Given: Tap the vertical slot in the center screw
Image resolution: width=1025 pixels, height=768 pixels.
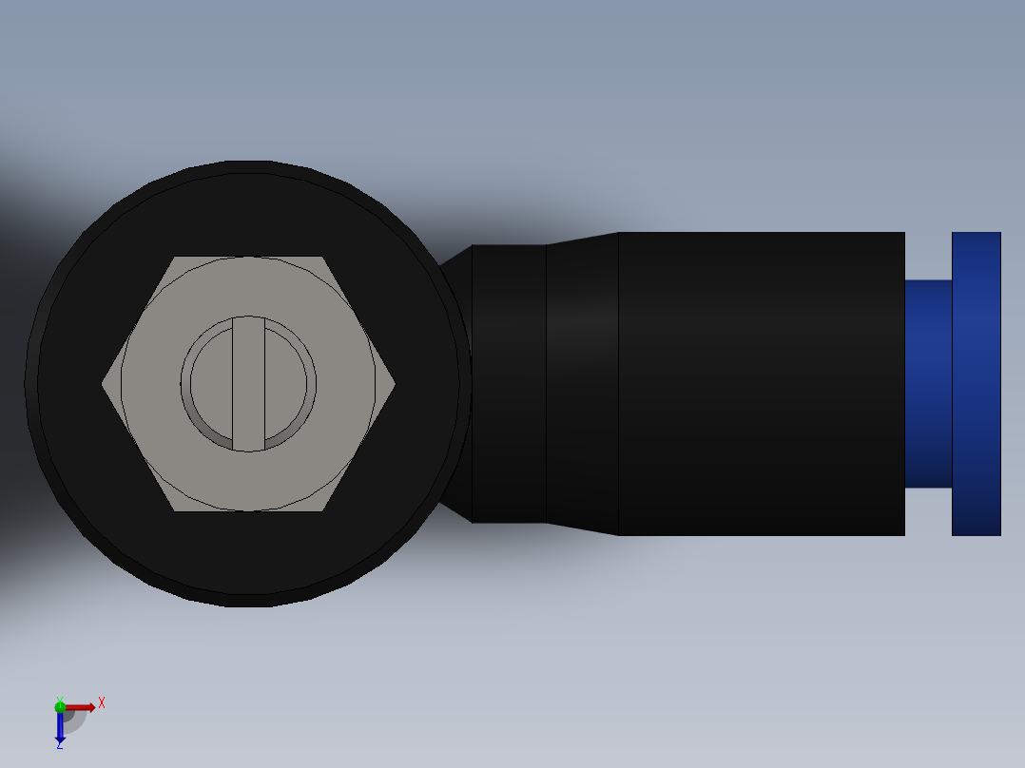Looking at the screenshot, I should (248, 384).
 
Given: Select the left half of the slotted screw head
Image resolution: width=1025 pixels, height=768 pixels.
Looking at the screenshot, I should (212, 384).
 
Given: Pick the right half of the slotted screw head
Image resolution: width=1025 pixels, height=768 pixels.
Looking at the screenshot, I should (285, 384).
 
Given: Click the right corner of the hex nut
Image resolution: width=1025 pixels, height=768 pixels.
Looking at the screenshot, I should (391, 384).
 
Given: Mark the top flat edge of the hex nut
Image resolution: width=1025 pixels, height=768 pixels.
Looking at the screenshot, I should (248, 259).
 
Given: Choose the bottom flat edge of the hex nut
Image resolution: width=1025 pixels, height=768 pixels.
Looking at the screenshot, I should (248, 509).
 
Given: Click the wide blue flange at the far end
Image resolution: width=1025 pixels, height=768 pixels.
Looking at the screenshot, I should (977, 384).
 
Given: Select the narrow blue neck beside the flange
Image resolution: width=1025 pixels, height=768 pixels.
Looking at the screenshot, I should (928, 384).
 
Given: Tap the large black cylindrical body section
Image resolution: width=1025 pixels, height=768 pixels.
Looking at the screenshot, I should (761, 384).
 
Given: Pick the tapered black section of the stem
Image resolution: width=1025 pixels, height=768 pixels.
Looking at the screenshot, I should (582, 384).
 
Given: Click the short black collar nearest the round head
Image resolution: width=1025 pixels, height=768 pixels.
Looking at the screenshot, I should (509, 384).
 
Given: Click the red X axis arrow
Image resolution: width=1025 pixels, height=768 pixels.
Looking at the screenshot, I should (80, 707).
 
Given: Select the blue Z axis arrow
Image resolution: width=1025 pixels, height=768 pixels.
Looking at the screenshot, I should (60, 727).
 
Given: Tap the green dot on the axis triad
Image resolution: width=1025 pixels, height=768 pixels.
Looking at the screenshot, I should (60, 706).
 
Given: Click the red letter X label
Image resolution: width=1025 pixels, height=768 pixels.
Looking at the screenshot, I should (101, 703).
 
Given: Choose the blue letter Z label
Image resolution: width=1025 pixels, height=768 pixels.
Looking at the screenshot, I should (59, 745).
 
